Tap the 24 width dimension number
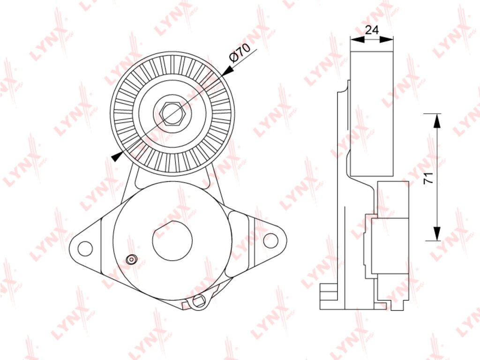coord(372,30)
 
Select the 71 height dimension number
coord(428,178)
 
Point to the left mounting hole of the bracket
coord(85,248)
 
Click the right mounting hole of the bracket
coord(270,240)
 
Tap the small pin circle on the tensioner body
coord(132,259)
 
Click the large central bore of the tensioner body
coord(172,240)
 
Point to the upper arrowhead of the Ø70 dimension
coord(227,71)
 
